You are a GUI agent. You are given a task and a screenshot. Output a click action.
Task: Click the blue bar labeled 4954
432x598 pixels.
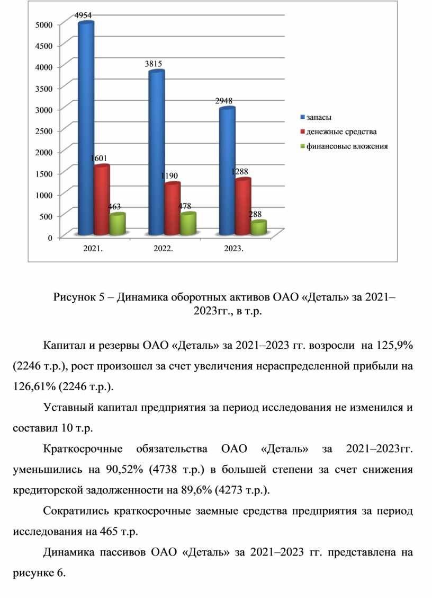86,127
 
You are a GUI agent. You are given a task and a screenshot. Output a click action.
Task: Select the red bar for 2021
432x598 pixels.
102,200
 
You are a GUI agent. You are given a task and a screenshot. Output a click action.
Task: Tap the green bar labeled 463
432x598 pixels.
117,224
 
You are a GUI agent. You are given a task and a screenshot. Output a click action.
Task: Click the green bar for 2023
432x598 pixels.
258,228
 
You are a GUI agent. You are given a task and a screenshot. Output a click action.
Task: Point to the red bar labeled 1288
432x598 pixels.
243,207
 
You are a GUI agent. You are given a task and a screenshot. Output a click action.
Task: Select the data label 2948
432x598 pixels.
223,100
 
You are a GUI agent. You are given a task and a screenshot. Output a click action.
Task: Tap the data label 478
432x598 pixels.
185,206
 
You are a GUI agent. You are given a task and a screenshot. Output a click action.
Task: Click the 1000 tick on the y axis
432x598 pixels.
45,195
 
